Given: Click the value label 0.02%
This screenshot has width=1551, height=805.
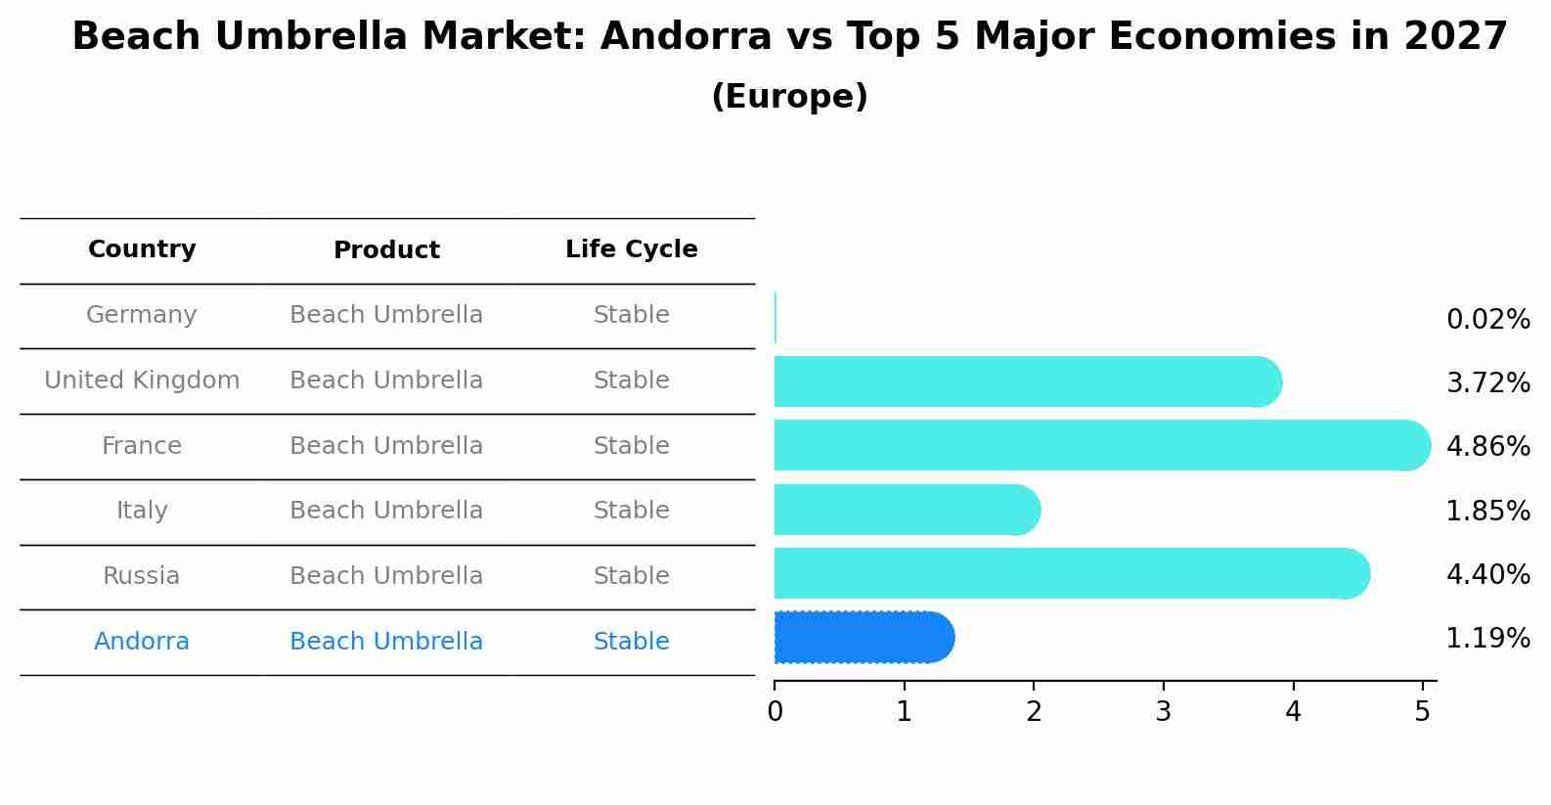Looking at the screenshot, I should (1487, 320).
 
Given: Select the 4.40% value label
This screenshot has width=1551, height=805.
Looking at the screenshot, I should (1487, 574).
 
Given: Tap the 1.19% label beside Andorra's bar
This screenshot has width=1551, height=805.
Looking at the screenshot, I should (1487, 639).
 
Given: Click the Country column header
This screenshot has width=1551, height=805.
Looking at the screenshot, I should (142, 249).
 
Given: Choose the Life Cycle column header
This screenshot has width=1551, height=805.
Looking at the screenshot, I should (631, 249).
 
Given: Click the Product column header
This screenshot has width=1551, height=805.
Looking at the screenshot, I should (386, 250).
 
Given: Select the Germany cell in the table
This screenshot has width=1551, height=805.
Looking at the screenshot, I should (142, 315).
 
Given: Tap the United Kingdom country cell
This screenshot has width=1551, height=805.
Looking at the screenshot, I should (142, 380).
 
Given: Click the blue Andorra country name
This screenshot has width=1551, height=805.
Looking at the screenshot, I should (142, 642).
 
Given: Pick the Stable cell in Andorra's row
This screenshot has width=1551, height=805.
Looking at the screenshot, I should (631, 642).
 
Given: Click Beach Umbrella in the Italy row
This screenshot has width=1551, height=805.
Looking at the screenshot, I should (386, 511).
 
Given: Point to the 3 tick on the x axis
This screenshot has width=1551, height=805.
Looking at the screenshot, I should (1163, 711).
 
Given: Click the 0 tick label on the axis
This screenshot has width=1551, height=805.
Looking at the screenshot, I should (775, 711).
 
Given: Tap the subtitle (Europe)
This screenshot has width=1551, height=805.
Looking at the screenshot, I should (789, 97).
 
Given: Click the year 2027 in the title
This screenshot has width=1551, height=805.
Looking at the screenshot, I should (1455, 37).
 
